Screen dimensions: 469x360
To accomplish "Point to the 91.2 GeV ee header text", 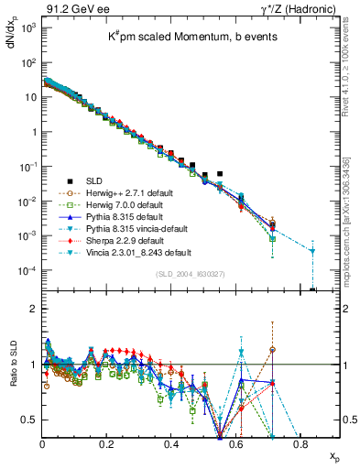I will [x=69, y=8].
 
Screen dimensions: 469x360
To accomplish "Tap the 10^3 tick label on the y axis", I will [x=28, y=29].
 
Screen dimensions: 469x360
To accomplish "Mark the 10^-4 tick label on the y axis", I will [x=28, y=270].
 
